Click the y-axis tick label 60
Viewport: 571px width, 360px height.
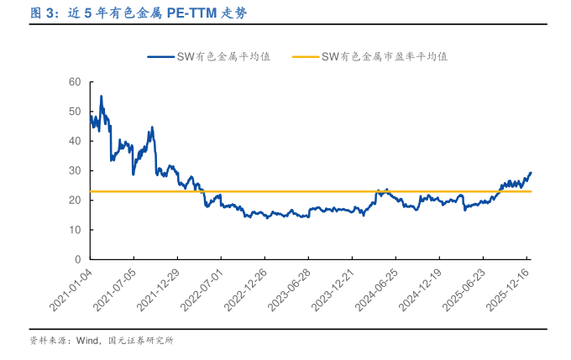pyautogui.click(x=74, y=81)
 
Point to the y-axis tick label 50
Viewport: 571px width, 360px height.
pyautogui.click(x=74, y=112)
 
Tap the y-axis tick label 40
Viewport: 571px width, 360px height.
pyautogui.click(x=74, y=141)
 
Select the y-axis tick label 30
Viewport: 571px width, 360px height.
pyautogui.click(x=74, y=170)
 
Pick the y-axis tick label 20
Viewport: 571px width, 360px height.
pyautogui.click(x=74, y=200)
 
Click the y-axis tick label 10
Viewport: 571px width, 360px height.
pyautogui.click(x=74, y=230)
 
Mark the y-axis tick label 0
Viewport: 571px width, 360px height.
pyautogui.click(x=76, y=259)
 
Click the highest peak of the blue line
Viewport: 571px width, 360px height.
pyautogui.click(x=102, y=96)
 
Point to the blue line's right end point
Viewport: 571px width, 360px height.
pyautogui.click(x=531, y=173)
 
